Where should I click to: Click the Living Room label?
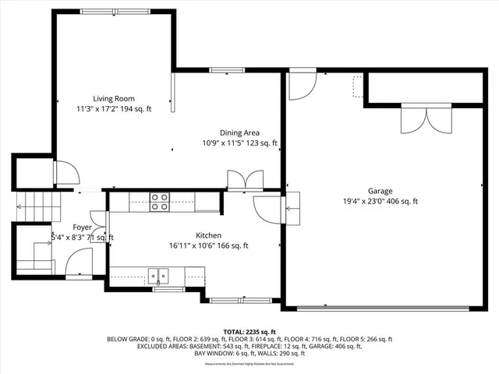tap(114, 98)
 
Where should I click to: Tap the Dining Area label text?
tap(241, 132)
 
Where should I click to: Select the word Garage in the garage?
tap(380, 190)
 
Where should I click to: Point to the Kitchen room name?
tap(208, 235)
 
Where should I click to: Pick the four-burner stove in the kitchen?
tap(160, 202)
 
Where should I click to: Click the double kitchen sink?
tap(161, 274)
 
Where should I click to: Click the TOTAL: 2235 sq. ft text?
tap(249, 332)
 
